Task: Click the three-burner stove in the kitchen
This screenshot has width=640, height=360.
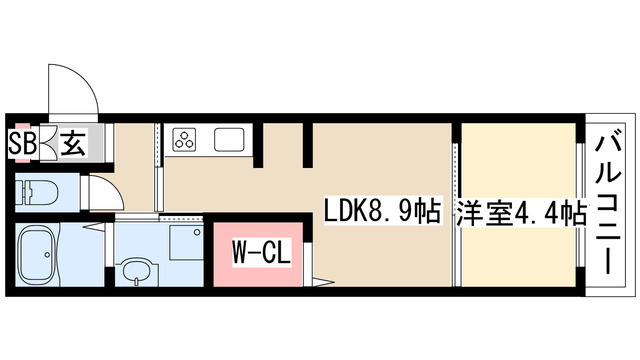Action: (x=187, y=141)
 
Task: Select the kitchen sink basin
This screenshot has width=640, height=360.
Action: (x=230, y=141)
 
